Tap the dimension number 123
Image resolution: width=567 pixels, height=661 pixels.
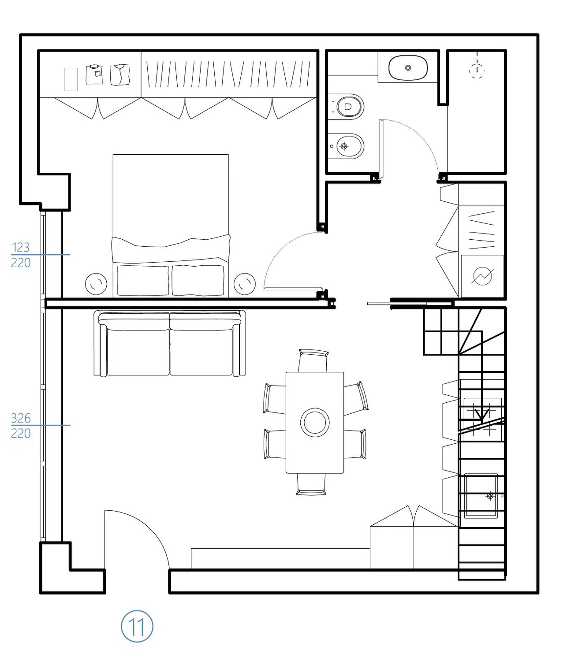point(20,247)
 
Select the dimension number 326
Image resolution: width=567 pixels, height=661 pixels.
point(21,418)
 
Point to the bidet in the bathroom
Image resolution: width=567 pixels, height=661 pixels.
point(346,146)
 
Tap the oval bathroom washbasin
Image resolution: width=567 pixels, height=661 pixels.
point(408,68)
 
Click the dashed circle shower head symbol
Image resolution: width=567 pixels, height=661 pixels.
point(477,71)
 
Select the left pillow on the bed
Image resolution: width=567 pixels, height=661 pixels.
point(143,280)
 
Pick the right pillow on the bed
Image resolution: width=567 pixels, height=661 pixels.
point(198,280)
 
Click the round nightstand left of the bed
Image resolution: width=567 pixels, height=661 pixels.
point(96,284)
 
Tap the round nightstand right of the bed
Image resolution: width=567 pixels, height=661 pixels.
point(244,284)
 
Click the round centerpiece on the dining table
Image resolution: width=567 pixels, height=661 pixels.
point(315,423)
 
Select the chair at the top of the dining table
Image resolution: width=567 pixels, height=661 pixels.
point(313,360)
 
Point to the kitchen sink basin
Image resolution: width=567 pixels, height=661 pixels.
point(481,496)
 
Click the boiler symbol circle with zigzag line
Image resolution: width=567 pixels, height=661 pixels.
point(482,276)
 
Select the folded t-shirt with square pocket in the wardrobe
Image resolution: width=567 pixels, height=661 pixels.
point(94,74)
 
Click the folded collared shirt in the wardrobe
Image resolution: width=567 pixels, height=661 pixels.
point(120,74)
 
